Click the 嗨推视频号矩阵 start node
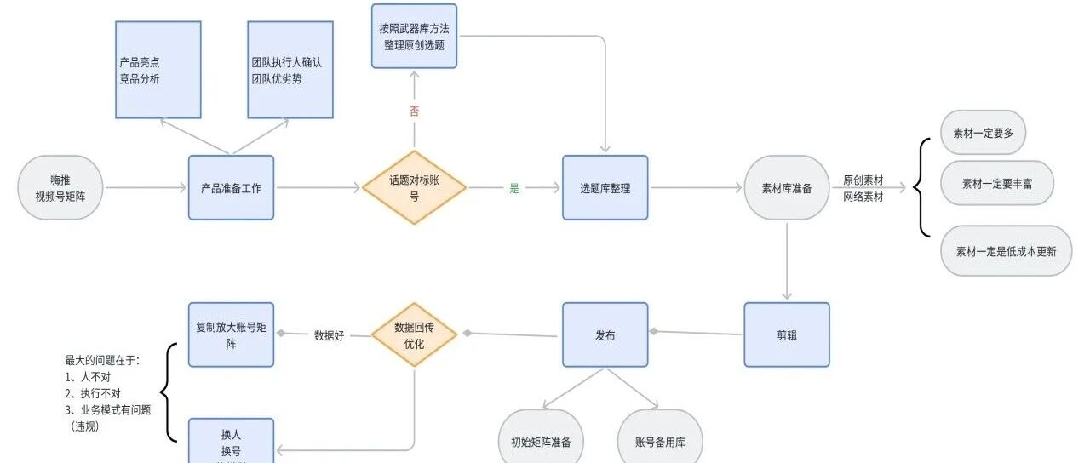(x=60, y=188)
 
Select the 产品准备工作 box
(x=231, y=188)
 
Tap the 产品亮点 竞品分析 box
(x=158, y=70)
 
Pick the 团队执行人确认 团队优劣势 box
(x=290, y=70)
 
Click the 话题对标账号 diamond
(x=415, y=187)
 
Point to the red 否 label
(x=415, y=111)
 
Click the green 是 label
(x=514, y=188)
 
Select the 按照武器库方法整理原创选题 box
(x=414, y=36)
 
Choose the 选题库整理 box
(x=605, y=188)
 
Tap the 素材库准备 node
(x=786, y=188)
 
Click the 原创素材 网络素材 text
(x=863, y=188)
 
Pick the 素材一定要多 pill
(x=983, y=133)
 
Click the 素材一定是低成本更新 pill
(x=1006, y=251)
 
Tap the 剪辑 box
(x=786, y=334)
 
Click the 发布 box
(x=605, y=334)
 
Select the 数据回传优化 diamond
(x=415, y=335)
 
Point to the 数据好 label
(x=329, y=334)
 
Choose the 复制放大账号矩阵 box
(x=231, y=334)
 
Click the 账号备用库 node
(x=660, y=441)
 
